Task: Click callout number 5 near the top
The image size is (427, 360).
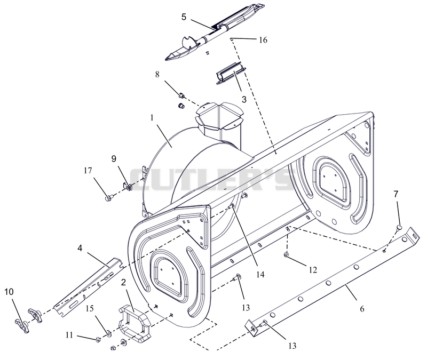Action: pos(184,17)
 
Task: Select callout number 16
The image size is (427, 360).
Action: pos(263,40)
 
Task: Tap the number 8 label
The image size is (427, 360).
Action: pos(157,74)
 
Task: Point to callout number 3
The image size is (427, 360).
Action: pos(244,99)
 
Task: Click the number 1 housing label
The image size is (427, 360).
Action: pos(152,117)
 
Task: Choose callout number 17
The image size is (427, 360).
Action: pos(88,171)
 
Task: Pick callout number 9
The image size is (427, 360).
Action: pos(114,158)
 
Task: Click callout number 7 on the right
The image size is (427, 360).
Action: pos(396,194)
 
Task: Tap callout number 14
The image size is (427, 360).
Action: pos(260,275)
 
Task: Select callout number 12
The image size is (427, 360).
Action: pos(313,270)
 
